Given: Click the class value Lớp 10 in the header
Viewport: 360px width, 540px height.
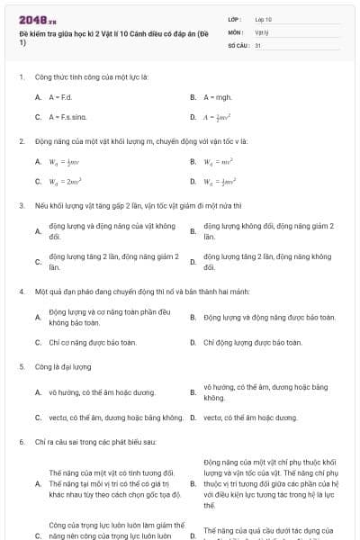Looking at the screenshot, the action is (263, 19).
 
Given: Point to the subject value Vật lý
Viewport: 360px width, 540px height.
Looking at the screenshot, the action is (262, 31).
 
